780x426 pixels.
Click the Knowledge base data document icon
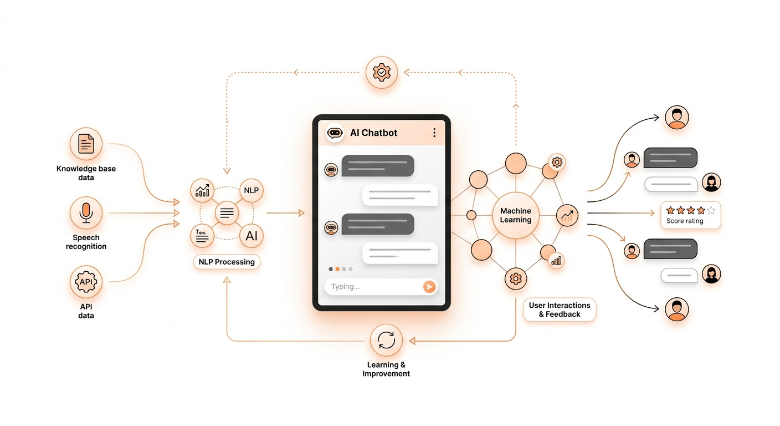coord(86,144)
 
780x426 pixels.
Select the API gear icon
coord(86,282)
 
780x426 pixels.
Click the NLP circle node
coord(251,190)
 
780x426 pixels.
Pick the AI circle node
coord(251,236)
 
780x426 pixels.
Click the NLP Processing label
coord(227,262)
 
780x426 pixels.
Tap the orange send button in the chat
coord(429,286)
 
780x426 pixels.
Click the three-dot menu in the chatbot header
coord(434,133)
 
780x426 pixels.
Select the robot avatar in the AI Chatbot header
coord(335,133)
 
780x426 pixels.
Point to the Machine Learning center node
coord(516,215)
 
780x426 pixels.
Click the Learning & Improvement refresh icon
coord(386,340)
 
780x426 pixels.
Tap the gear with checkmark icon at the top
coord(382,72)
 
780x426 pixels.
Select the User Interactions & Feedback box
coord(560,310)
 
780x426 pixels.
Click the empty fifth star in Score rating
coord(711,210)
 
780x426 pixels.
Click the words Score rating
coord(685,221)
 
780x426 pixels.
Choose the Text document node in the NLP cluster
coord(202,236)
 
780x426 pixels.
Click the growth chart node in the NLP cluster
coord(202,190)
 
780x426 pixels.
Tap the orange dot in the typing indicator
coord(337,269)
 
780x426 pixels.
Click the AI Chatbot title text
coord(373,133)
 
